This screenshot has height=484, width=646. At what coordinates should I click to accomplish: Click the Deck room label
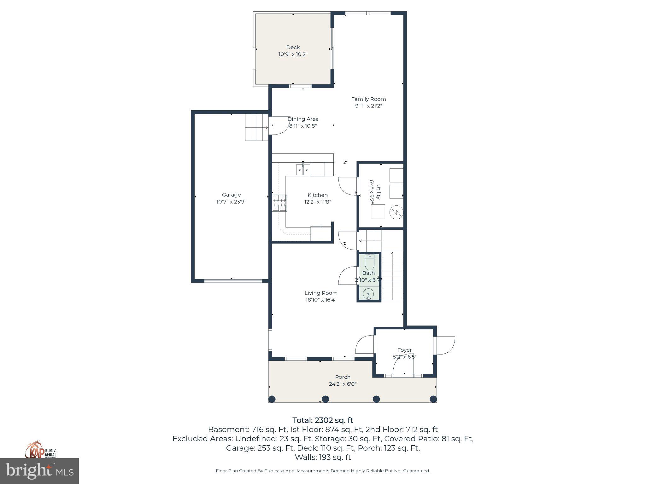(x=293, y=47)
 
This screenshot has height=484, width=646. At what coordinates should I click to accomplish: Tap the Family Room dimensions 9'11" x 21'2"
(x=368, y=106)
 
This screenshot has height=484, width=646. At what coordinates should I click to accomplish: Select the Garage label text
(x=231, y=195)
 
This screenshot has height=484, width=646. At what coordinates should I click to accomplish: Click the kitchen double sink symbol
(x=303, y=170)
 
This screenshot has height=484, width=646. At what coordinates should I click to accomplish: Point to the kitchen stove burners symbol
(x=280, y=203)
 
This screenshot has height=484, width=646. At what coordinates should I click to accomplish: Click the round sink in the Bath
(x=368, y=294)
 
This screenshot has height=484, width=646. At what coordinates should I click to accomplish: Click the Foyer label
(x=404, y=350)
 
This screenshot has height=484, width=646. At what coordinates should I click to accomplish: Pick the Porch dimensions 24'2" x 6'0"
(x=343, y=384)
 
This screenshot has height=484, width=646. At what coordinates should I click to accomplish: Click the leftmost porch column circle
(x=272, y=399)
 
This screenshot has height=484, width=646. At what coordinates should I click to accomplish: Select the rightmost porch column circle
(x=433, y=399)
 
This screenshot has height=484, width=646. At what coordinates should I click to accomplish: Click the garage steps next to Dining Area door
(x=256, y=127)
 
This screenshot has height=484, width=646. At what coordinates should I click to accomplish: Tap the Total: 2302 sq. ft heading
(x=323, y=420)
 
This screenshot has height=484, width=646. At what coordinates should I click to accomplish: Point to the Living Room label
(x=321, y=293)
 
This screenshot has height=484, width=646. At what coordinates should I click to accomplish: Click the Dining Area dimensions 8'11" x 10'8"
(x=303, y=126)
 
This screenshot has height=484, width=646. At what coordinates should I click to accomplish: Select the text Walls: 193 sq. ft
(x=323, y=457)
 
